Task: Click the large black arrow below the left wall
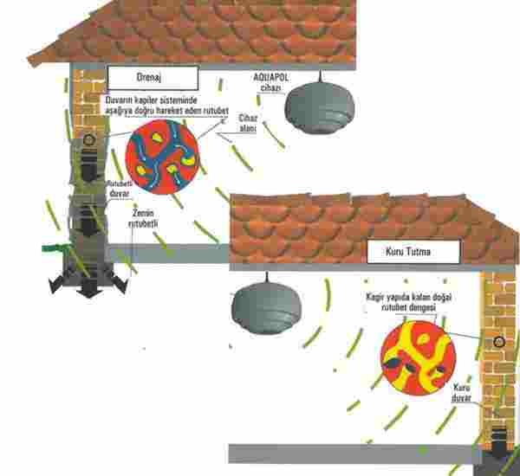[x=88, y=286]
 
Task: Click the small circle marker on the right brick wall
[x=498, y=344]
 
